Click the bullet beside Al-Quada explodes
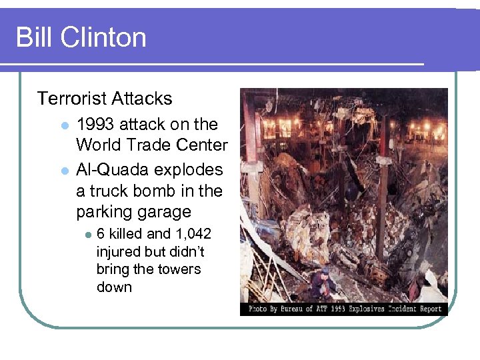[65, 170]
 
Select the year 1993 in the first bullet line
[95, 125]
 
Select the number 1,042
[193, 234]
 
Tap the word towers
[180, 269]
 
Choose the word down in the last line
[114, 287]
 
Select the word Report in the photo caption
[431, 309]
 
